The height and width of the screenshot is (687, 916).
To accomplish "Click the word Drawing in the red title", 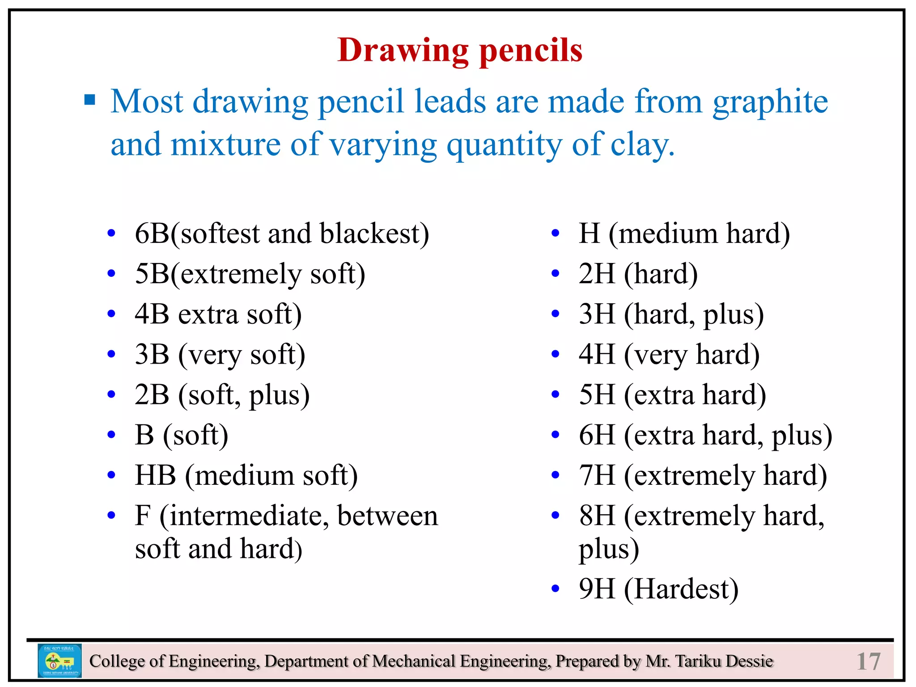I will [403, 50].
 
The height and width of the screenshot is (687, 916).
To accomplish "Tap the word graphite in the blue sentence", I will [770, 102].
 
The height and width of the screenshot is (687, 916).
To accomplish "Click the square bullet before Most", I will [90, 99].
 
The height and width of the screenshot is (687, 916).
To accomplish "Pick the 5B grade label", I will [152, 273].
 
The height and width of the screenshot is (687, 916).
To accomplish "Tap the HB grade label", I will [155, 475].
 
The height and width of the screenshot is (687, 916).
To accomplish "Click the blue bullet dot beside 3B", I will [111, 354].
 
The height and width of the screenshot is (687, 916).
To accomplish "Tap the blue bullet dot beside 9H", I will [555, 589].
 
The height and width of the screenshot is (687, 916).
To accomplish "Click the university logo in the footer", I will [59, 661].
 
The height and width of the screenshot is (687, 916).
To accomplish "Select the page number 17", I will [868, 661].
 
